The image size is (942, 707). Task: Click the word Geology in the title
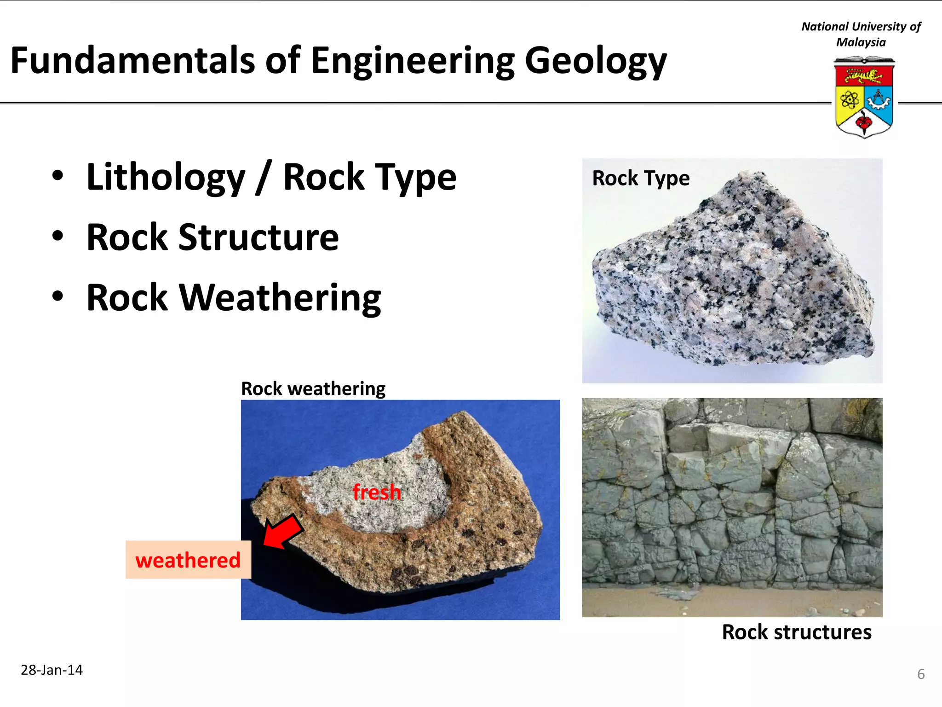point(595,61)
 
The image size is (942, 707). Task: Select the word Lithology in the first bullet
point(166,177)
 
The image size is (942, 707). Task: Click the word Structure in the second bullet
point(258,238)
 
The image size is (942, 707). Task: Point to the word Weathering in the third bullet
point(280,298)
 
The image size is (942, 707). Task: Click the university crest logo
point(864,98)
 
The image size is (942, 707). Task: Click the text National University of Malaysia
point(861,35)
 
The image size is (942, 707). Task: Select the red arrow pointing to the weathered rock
point(282,532)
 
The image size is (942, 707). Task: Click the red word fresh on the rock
point(377,492)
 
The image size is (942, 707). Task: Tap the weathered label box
point(188,560)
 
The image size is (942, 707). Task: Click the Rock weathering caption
point(313,389)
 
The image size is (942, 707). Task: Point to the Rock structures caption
point(796,632)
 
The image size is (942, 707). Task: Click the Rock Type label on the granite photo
point(641,178)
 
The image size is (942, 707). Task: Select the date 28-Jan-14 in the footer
point(52,670)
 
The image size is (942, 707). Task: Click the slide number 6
point(920,674)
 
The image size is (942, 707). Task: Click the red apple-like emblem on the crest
point(863,122)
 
